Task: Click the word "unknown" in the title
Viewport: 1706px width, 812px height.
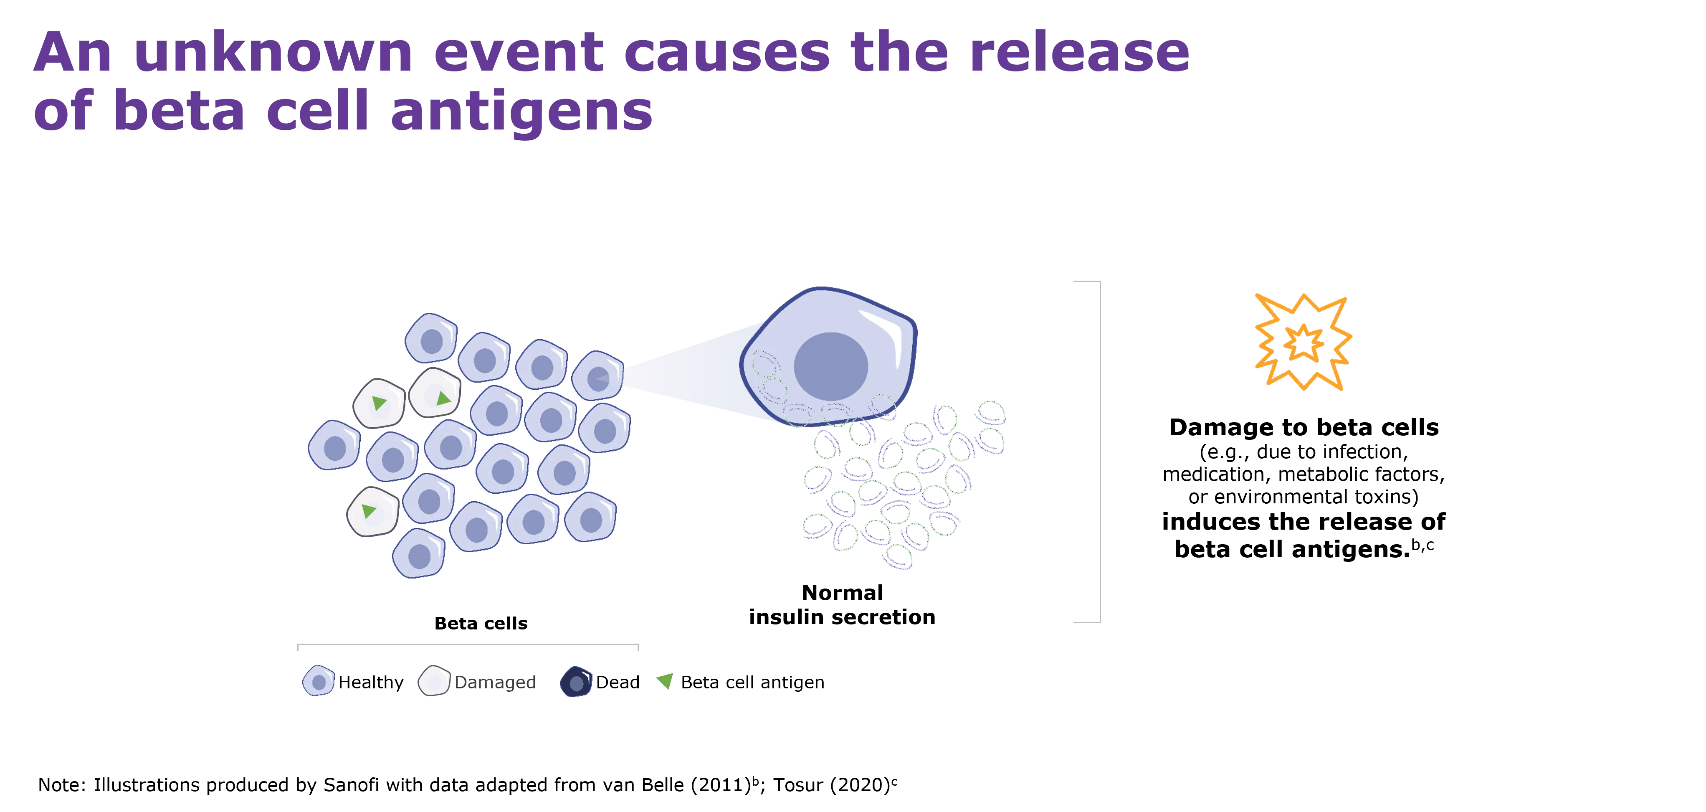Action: click(x=273, y=53)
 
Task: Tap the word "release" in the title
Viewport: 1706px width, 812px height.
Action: click(x=1079, y=53)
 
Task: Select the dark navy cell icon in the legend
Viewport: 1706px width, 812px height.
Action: click(x=576, y=682)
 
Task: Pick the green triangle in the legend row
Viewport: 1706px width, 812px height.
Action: click(x=665, y=680)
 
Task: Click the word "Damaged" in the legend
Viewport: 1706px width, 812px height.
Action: click(x=495, y=682)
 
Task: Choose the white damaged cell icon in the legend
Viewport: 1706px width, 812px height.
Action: click(x=434, y=681)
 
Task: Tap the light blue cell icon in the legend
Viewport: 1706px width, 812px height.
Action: click(x=319, y=681)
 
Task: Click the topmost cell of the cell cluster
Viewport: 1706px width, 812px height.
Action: click(x=431, y=338)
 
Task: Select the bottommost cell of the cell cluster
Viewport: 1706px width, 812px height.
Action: click(x=418, y=554)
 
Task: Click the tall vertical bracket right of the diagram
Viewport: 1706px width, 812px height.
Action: click(x=1100, y=452)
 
